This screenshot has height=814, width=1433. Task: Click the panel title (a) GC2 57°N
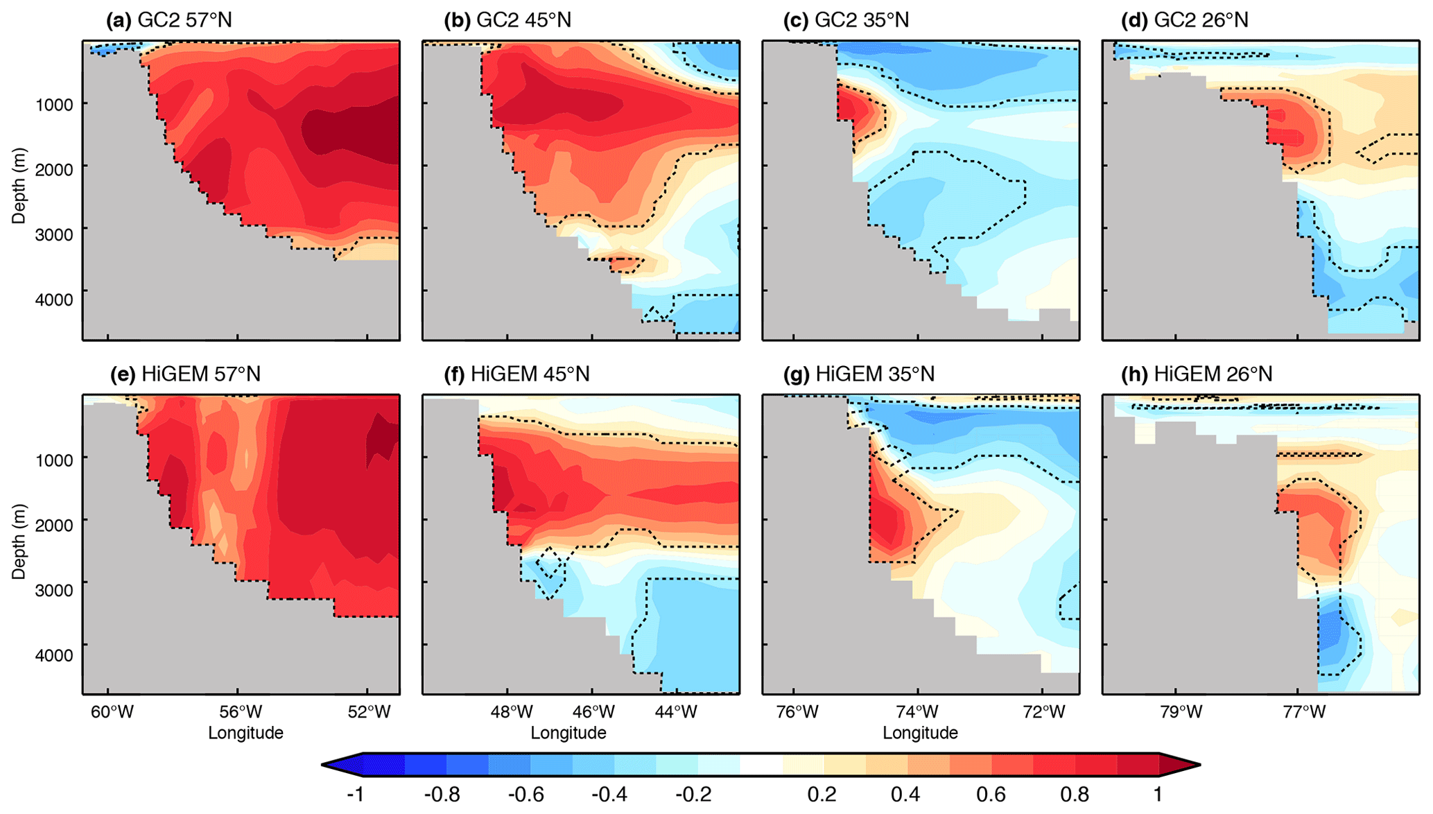click(x=168, y=20)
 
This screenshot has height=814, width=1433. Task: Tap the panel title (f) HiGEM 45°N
click(x=516, y=374)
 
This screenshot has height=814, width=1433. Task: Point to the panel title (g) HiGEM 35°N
click(x=858, y=374)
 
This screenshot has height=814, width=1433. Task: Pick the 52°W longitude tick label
click(x=368, y=712)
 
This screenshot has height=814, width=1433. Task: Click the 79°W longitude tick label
click(x=1181, y=712)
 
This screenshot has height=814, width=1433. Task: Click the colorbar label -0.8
click(x=442, y=795)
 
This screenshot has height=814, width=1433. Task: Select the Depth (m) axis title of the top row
click(x=19, y=186)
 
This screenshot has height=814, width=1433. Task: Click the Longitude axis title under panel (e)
click(x=245, y=733)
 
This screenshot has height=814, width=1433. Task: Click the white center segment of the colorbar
click(x=761, y=765)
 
